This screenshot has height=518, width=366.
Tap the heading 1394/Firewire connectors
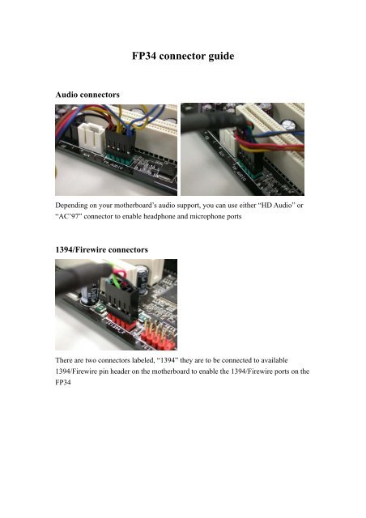[104, 252]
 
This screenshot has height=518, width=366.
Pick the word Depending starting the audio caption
[77, 210]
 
